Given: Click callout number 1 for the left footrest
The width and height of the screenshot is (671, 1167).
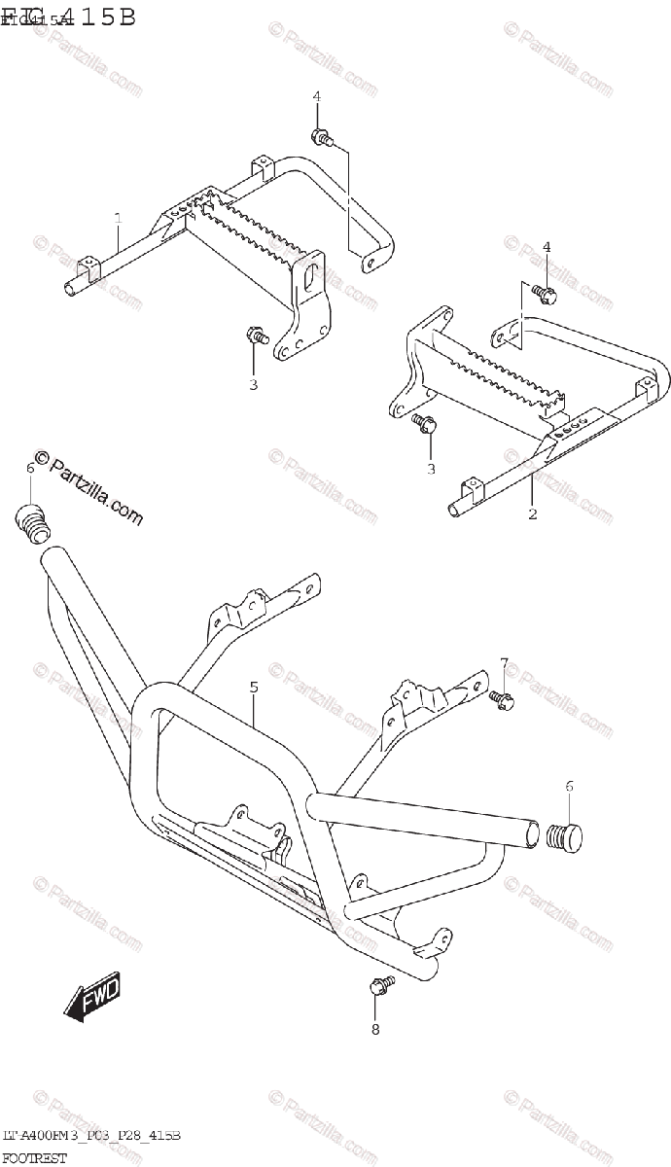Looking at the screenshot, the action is [117, 218].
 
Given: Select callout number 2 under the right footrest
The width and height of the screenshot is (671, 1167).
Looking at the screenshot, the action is [533, 513].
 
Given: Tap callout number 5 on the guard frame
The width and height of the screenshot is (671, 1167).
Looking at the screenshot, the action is [253, 688].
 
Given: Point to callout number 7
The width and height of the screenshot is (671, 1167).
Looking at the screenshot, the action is [504, 663].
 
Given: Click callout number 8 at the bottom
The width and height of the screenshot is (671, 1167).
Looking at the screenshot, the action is [376, 1028].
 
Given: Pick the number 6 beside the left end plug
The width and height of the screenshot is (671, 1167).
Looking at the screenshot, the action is [30, 469].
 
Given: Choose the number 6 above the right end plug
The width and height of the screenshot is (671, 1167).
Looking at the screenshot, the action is [570, 786].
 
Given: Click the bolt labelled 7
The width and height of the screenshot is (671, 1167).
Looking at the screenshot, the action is [502, 697].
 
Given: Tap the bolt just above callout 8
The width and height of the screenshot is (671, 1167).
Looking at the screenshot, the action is [380, 987].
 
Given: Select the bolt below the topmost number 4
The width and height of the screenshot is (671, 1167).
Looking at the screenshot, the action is [320, 137].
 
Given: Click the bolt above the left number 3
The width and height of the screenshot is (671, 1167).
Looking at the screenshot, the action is [256, 336].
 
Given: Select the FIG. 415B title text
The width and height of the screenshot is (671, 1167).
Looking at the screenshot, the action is [68, 17].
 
